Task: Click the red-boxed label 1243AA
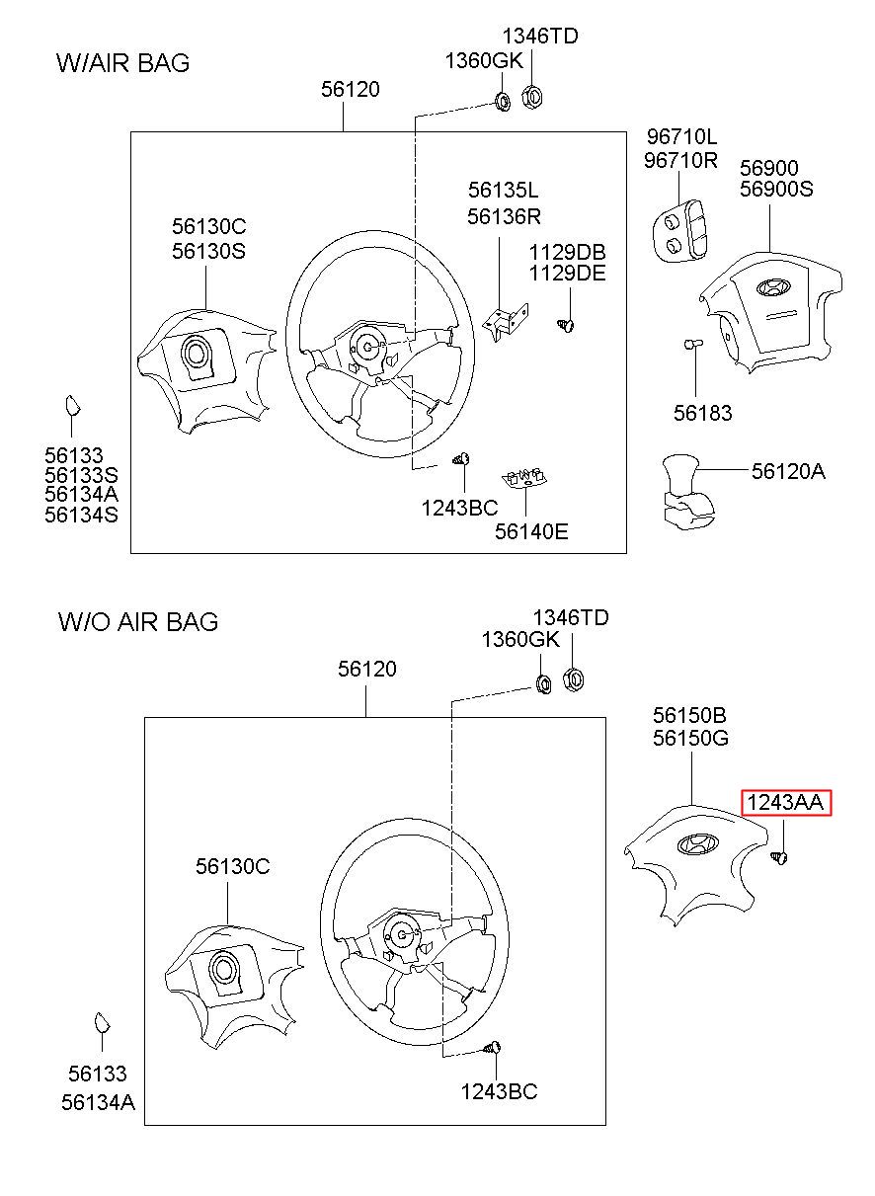pos(787,803)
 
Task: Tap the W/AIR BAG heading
pos(123,63)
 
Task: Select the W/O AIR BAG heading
pos(138,621)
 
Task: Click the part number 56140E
pos(531,531)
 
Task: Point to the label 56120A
pos(787,472)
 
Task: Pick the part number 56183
pos(702,414)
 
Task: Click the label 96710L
pos(681,136)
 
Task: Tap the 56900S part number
pos(776,189)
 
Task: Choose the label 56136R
pos(504,216)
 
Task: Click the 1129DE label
pos(567,274)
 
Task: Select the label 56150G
pos(690,738)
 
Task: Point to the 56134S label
pos(81,515)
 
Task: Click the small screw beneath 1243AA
pos(781,857)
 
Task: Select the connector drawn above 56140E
pos(526,478)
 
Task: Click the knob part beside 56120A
pos(683,490)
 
